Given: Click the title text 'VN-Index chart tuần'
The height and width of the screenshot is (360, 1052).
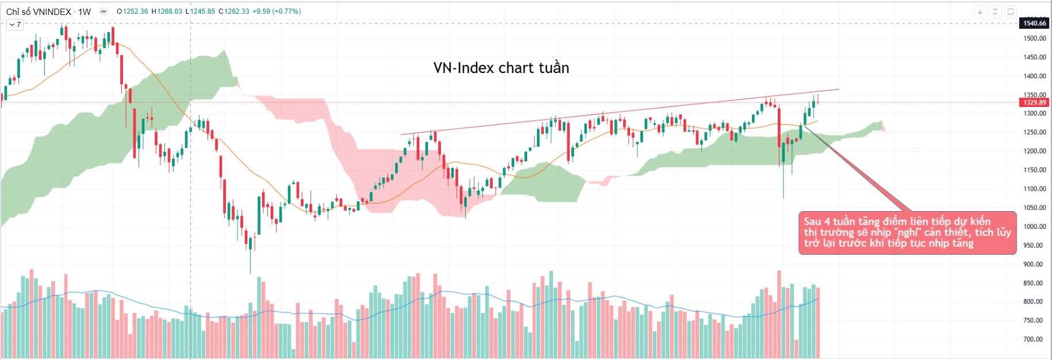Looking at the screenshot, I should (501, 68).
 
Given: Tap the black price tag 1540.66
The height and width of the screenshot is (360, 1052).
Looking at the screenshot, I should (1034, 23).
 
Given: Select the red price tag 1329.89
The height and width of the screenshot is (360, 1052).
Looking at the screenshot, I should (1034, 102).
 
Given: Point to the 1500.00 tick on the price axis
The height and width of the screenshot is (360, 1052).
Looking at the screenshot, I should (1034, 39).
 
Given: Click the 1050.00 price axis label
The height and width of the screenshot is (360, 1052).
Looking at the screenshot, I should (1034, 208).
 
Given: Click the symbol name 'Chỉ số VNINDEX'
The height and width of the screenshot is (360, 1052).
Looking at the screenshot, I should (39, 12).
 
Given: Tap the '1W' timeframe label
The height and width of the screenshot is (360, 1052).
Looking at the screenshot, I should (84, 12).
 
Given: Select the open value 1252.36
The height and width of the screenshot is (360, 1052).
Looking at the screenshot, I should (135, 12).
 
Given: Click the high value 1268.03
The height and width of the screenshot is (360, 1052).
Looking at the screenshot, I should (170, 12).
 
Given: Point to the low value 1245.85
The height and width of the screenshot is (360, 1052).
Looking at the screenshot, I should (203, 12).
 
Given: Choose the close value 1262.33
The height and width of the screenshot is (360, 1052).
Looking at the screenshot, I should (237, 12).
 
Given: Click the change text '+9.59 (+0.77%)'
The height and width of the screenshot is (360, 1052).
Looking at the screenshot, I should (277, 12).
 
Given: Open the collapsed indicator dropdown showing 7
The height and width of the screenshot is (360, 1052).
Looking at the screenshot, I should (14, 25).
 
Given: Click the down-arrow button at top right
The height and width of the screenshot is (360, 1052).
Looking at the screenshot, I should (980, 11).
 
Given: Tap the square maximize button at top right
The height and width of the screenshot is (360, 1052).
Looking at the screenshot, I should (1010, 11).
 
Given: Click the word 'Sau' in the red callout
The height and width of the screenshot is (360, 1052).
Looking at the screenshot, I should (812, 221).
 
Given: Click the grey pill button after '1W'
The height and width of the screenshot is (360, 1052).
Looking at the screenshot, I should (103, 12).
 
